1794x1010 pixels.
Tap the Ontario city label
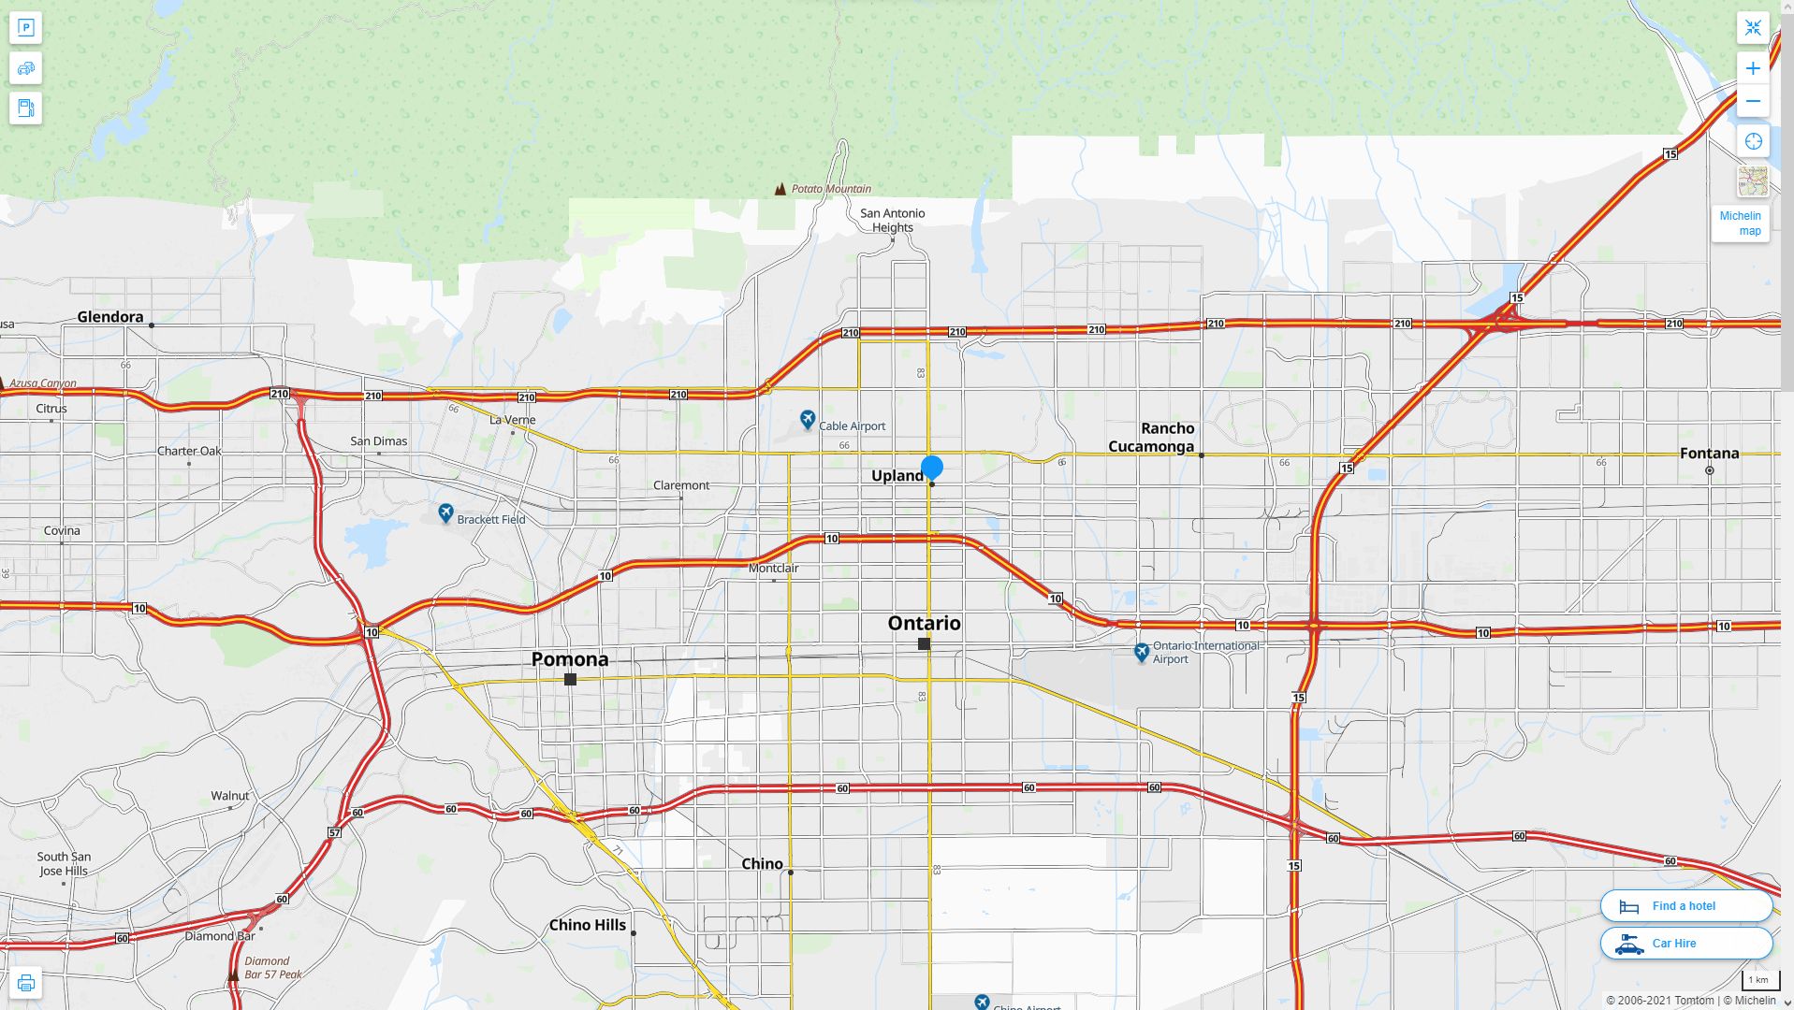(x=924, y=623)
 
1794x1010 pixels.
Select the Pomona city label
(x=570, y=659)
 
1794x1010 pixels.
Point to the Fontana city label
(x=1709, y=454)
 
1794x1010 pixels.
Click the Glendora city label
(x=110, y=317)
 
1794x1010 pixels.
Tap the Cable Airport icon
(x=808, y=420)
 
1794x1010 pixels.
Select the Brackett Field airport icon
(x=445, y=513)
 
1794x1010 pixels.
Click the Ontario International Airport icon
(x=1141, y=652)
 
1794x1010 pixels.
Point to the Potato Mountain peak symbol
(x=780, y=189)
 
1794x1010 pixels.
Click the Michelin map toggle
(x=1740, y=224)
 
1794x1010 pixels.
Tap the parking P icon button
(x=25, y=28)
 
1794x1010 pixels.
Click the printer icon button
(x=25, y=983)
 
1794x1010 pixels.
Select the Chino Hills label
(x=588, y=925)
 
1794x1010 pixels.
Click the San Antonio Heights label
(x=893, y=221)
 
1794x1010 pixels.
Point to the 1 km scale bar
(x=1758, y=980)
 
